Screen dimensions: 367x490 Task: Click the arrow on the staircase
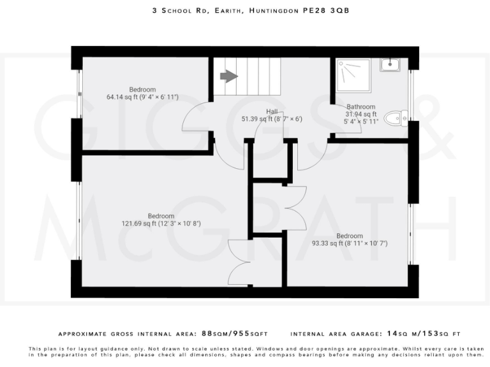tap(228, 76)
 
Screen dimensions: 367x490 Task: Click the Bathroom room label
tap(360, 107)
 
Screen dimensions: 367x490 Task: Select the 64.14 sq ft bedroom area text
tap(142, 97)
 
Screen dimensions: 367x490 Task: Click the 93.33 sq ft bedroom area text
tap(350, 243)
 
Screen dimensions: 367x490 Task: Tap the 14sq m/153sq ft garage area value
tap(424, 333)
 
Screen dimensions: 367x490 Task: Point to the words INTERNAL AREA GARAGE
tap(336, 333)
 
